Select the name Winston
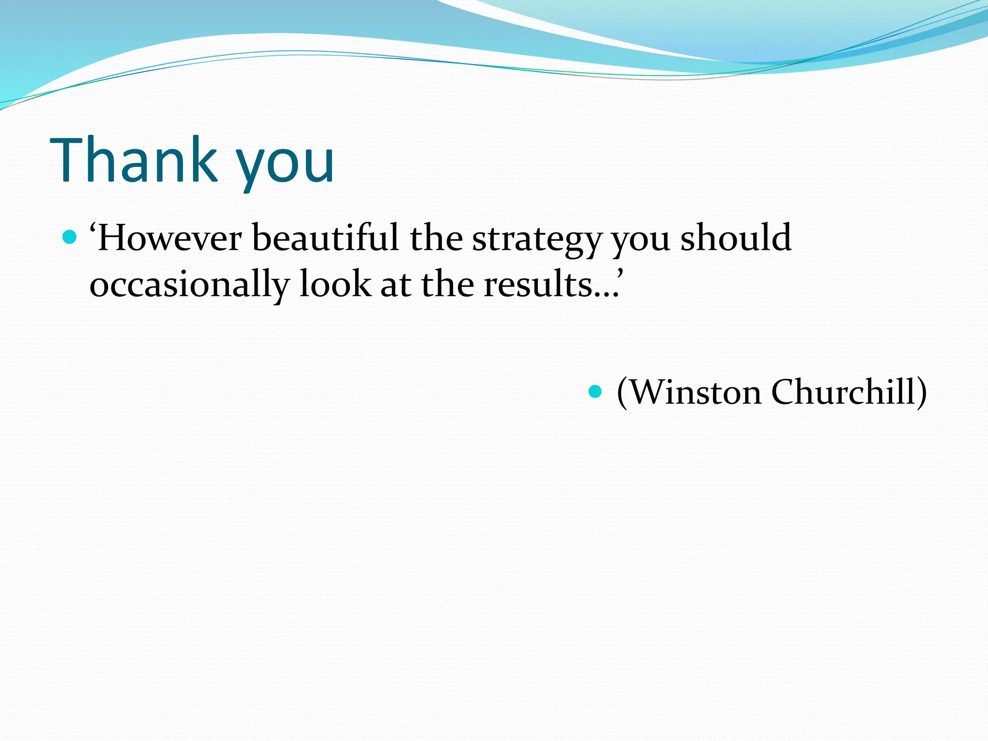coord(695,392)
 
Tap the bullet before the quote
coord(70,237)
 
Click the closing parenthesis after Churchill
coord(921,393)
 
